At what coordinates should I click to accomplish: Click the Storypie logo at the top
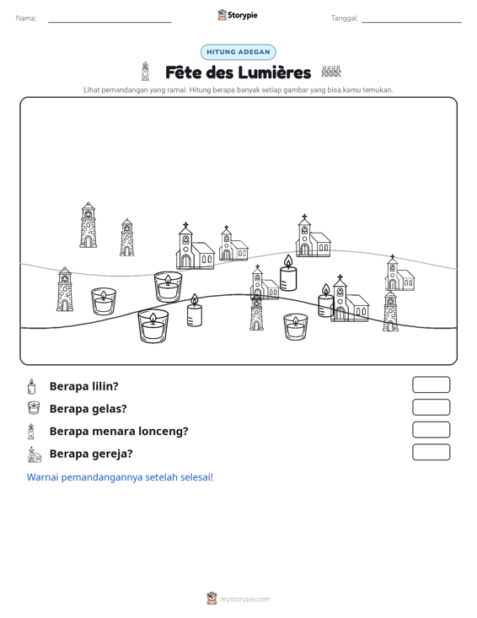(x=238, y=15)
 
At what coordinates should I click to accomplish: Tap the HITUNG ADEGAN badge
(x=238, y=52)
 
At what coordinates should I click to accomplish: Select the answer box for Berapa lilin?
(x=431, y=384)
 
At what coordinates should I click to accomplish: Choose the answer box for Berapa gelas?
(x=431, y=407)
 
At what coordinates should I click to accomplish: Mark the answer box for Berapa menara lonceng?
(x=431, y=430)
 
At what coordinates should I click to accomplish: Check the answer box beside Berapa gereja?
(x=431, y=452)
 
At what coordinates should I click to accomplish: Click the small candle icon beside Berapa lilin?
(x=31, y=387)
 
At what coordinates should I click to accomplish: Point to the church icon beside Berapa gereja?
(x=35, y=454)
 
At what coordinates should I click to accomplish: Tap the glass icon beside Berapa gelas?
(x=34, y=408)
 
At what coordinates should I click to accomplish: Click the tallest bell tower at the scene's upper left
(x=88, y=225)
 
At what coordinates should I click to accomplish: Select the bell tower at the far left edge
(x=65, y=289)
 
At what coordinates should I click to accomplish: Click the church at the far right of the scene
(x=399, y=273)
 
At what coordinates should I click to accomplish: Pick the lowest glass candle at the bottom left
(x=153, y=326)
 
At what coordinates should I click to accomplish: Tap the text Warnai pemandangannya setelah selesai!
(x=120, y=477)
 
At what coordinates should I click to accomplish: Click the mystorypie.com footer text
(x=245, y=599)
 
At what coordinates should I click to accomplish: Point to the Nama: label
(x=26, y=19)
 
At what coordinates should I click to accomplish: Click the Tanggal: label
(x=345, y=19)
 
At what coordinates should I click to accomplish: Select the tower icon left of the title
(x=145, y=72)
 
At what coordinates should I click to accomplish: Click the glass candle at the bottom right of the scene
(x=296, y=327)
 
